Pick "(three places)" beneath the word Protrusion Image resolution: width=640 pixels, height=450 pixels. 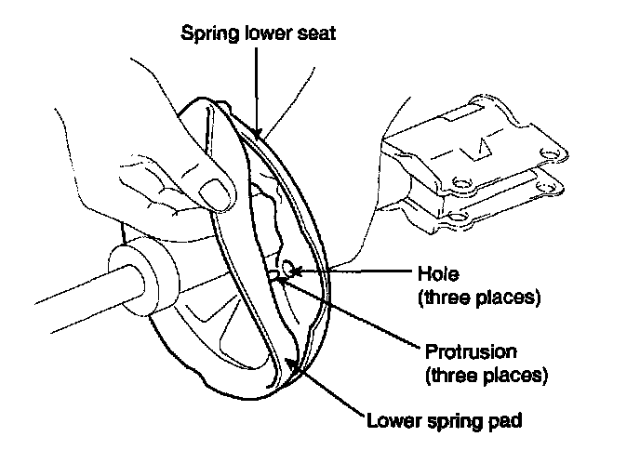coord(484,377)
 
